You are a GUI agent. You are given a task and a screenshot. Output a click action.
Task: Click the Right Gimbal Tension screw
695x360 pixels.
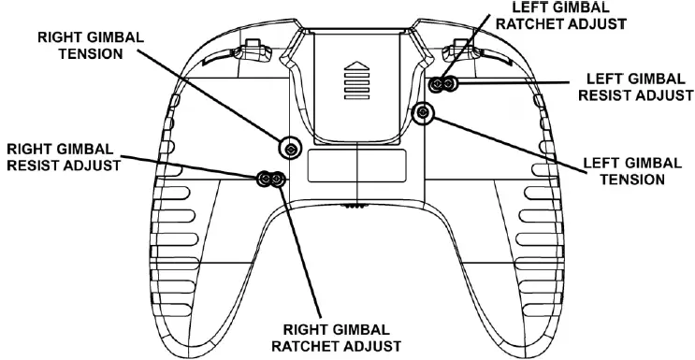(x=292, y=148)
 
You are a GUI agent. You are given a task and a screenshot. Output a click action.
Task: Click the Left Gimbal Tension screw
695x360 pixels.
(x=423, y=113)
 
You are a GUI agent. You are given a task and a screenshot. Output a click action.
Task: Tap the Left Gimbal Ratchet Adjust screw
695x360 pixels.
(x=437, y=85)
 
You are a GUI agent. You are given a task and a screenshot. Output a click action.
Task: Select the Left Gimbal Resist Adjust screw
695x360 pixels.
(x=450, y=85)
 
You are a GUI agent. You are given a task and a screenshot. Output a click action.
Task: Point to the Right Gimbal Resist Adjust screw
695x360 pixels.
(x=265, y=178)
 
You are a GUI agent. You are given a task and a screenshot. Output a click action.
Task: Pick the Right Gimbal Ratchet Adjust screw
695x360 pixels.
(x=278, y=178)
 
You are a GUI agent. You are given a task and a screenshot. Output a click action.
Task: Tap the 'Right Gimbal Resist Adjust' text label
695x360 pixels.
(x=62, y=157)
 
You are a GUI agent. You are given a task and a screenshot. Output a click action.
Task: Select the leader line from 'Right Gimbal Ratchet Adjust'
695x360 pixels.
(x=301, y=252)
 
